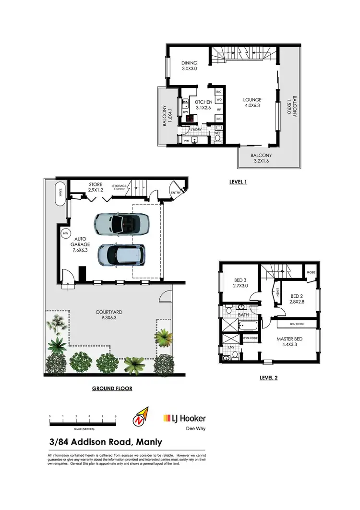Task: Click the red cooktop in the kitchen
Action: point(190,119)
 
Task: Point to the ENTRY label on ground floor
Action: point(176,193)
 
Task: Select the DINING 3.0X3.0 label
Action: point(189,66)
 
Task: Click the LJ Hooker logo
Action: point(184,419)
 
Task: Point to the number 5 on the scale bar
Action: point(116,416)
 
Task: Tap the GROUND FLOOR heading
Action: point(112,388)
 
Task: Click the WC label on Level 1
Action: point(216,133)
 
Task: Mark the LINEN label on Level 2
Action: point(278,292)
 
